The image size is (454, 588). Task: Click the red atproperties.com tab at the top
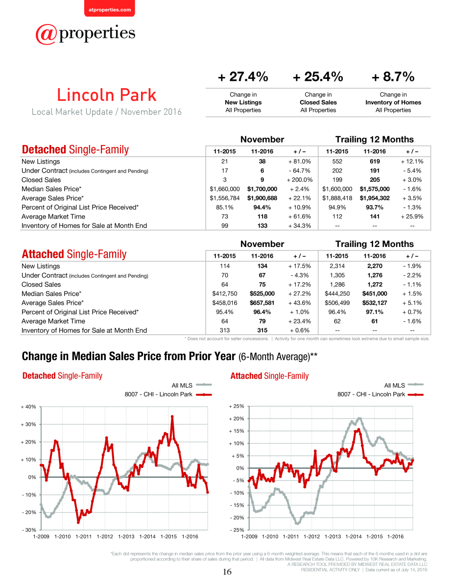point(110,8)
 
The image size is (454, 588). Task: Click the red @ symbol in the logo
point(46,34)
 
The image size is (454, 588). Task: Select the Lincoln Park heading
point(107,95)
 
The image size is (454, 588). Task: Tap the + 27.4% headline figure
point(243,76)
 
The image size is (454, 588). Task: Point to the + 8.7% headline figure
point(393,76)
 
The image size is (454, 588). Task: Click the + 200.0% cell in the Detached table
point(300,180)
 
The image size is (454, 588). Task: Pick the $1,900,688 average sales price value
point(262,198)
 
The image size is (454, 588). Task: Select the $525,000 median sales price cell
point(262,294)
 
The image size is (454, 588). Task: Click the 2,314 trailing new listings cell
point(337,266)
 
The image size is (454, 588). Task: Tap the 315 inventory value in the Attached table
point(262,330)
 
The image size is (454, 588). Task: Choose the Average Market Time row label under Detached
point(53,217)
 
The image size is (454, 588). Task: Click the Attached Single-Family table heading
point(74,254)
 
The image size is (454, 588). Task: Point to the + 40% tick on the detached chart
point(28,407)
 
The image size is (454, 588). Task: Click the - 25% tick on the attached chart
point(237,530)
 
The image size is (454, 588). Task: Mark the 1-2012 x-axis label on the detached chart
point(105,537)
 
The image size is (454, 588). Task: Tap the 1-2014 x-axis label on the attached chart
point(354,537)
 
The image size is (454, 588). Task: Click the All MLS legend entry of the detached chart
point(191,385)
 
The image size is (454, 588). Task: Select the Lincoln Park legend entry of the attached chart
point(380,394)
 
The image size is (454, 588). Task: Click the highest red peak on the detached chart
point(172,416)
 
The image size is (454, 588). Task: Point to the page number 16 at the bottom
point(227,571)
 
